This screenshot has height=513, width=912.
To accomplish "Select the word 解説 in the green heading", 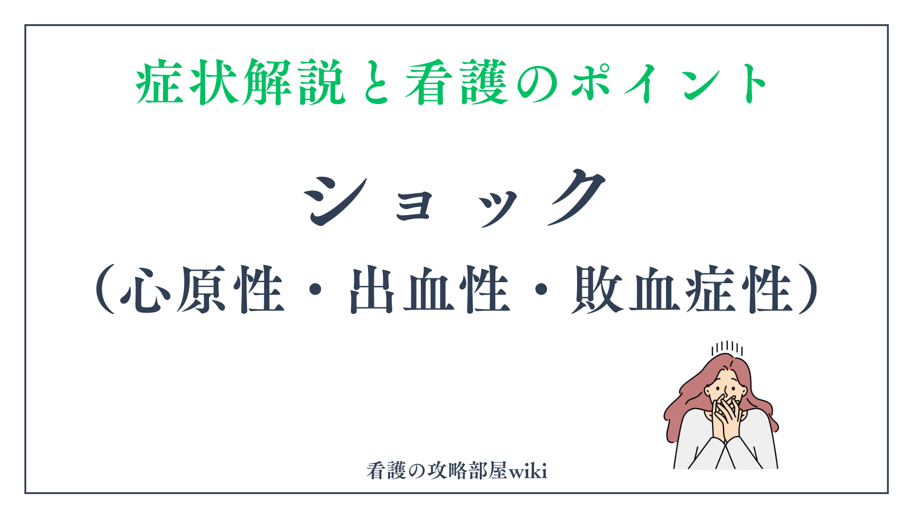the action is click(x=294, y=82).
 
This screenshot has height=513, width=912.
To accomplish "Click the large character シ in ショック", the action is click(x=336, y=200).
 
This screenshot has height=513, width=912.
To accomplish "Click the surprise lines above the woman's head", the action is click(x=727, y=349).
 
